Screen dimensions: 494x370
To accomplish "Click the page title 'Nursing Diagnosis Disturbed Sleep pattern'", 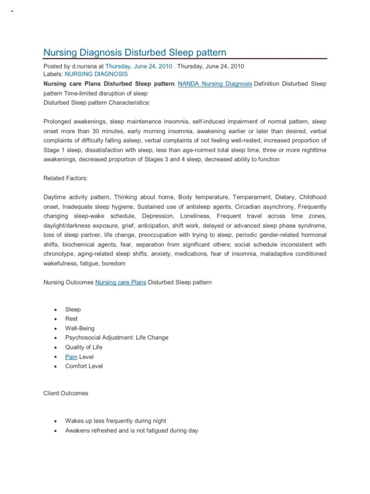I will [134, 52].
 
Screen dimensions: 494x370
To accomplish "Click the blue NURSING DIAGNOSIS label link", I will [96, 74].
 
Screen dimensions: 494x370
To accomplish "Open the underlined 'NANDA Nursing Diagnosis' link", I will [215, 83].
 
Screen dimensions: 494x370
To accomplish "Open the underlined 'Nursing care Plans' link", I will [120, 282].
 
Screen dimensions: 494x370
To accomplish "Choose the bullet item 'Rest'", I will [71, 319].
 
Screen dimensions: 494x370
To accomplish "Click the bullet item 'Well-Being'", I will [80, 329].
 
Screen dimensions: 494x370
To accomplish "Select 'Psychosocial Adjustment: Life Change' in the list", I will [117, 338].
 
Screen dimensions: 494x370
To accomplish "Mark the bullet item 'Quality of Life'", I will [84, 347].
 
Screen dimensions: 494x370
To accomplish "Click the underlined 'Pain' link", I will [71, 357].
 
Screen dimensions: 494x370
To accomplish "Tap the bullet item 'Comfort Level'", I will [84, 366].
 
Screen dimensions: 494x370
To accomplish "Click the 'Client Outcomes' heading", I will [66, 393].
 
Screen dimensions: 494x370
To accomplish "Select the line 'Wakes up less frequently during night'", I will [116, 421].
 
